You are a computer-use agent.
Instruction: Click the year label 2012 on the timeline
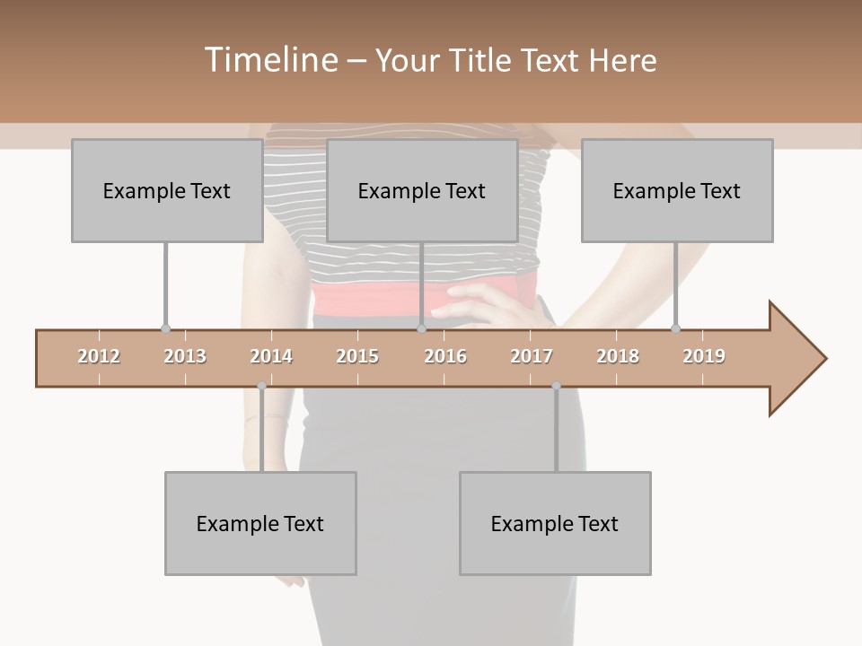[x=99, y=356]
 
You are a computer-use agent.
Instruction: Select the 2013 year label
[x=185, y=356]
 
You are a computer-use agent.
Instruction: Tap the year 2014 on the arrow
[x=271, y=356]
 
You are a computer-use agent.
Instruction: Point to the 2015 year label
[x=357, y=356]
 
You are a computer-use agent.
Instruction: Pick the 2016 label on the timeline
[x=445, y=356]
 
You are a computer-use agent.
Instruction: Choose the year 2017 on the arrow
[x=532, y=356]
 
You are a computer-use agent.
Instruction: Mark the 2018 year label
[x=618, y=356]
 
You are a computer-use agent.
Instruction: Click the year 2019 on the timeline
[x=704, y=356]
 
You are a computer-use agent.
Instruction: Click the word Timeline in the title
[x=268, y=60]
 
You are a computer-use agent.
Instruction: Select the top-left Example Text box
[x=167, y=190]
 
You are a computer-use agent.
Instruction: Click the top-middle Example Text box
[x=422, y=190]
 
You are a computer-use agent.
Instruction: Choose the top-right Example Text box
[x=677, y=190]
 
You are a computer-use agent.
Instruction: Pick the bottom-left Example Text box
[x=260, y=523]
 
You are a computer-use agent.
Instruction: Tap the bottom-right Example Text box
[x=555, y=523]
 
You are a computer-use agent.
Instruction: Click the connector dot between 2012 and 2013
[x=165, y=329]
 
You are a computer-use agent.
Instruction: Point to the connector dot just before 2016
[x=421, y=329]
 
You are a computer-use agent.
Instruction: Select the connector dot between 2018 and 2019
[x=676, y=329]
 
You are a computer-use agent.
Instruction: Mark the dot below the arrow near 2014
[x=261, y=386]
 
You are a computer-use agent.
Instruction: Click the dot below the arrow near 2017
[x=556, y=386]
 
